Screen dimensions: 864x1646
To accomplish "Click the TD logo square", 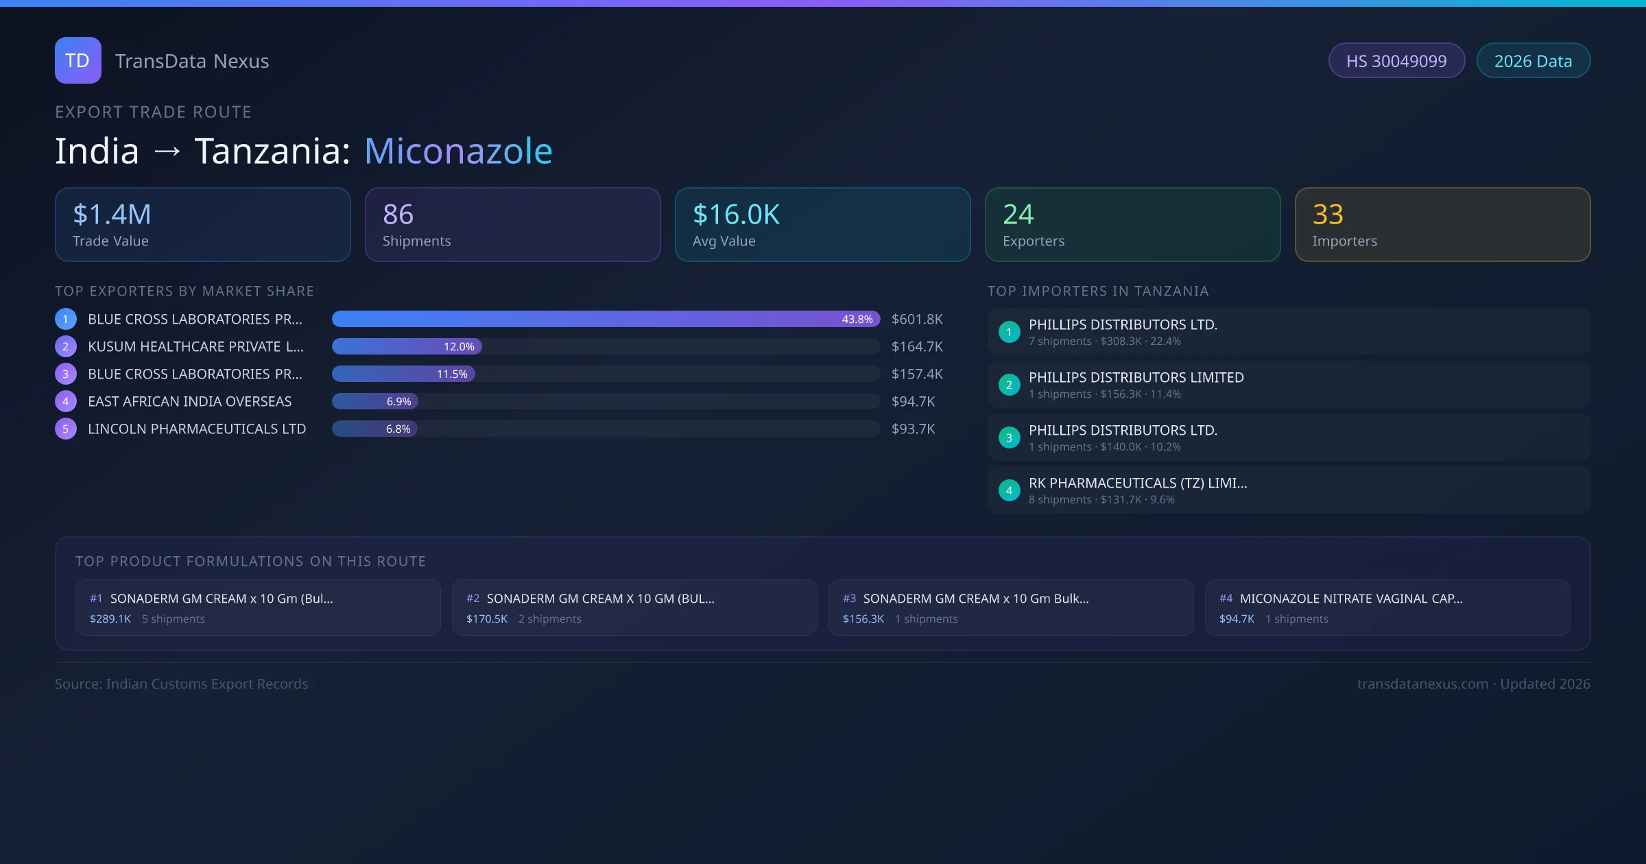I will [77, 60].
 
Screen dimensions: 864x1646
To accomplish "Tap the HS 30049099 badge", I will [1396, 61].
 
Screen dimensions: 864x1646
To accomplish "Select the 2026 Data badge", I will [1533, 61].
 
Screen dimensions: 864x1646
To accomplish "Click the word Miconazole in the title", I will [458, 151].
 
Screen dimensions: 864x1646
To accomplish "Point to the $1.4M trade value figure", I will [112, 215].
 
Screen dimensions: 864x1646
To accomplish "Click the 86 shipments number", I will [398, 215].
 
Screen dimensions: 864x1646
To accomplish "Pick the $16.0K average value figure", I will [736, 215].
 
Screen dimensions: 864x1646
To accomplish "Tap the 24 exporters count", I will [1018, 215].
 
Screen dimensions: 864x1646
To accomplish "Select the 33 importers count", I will [1328, 215].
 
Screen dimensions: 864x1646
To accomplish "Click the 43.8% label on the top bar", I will [857, 320].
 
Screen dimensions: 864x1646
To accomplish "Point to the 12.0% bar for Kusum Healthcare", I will [407, 347].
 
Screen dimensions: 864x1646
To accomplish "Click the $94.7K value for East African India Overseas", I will [913, 402].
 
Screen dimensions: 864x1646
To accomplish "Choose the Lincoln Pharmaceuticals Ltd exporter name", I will [197, 429].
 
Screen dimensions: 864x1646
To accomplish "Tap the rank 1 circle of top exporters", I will [66, 320].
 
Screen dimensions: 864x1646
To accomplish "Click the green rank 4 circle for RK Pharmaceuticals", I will [1009, 490].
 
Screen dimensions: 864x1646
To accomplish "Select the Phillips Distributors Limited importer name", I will [1136, 378].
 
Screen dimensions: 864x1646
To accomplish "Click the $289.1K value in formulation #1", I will [110, 619].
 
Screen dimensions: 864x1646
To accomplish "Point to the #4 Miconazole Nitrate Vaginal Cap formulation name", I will [1350, 599].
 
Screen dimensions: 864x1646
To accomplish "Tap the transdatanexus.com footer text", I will [1422, 684].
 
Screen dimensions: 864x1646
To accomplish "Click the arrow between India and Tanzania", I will [167, 152].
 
